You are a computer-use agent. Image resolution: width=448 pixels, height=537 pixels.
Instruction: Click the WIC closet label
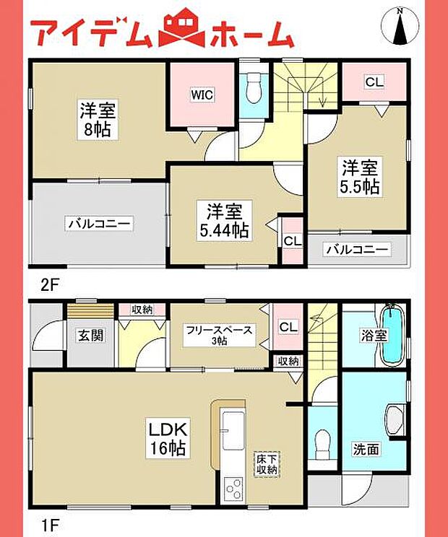tap(202, 94)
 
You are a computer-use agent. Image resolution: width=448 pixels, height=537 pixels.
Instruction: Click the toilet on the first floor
tap(322, 439)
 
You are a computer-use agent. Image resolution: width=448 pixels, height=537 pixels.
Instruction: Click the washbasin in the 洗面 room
tap(396, 419)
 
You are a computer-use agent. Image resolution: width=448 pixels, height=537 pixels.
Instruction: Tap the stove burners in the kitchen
tap(234, 489)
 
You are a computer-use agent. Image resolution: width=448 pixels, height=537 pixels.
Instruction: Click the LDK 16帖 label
tap(168, 439)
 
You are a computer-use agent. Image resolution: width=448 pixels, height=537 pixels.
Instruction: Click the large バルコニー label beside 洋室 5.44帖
tap(99, 224)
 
